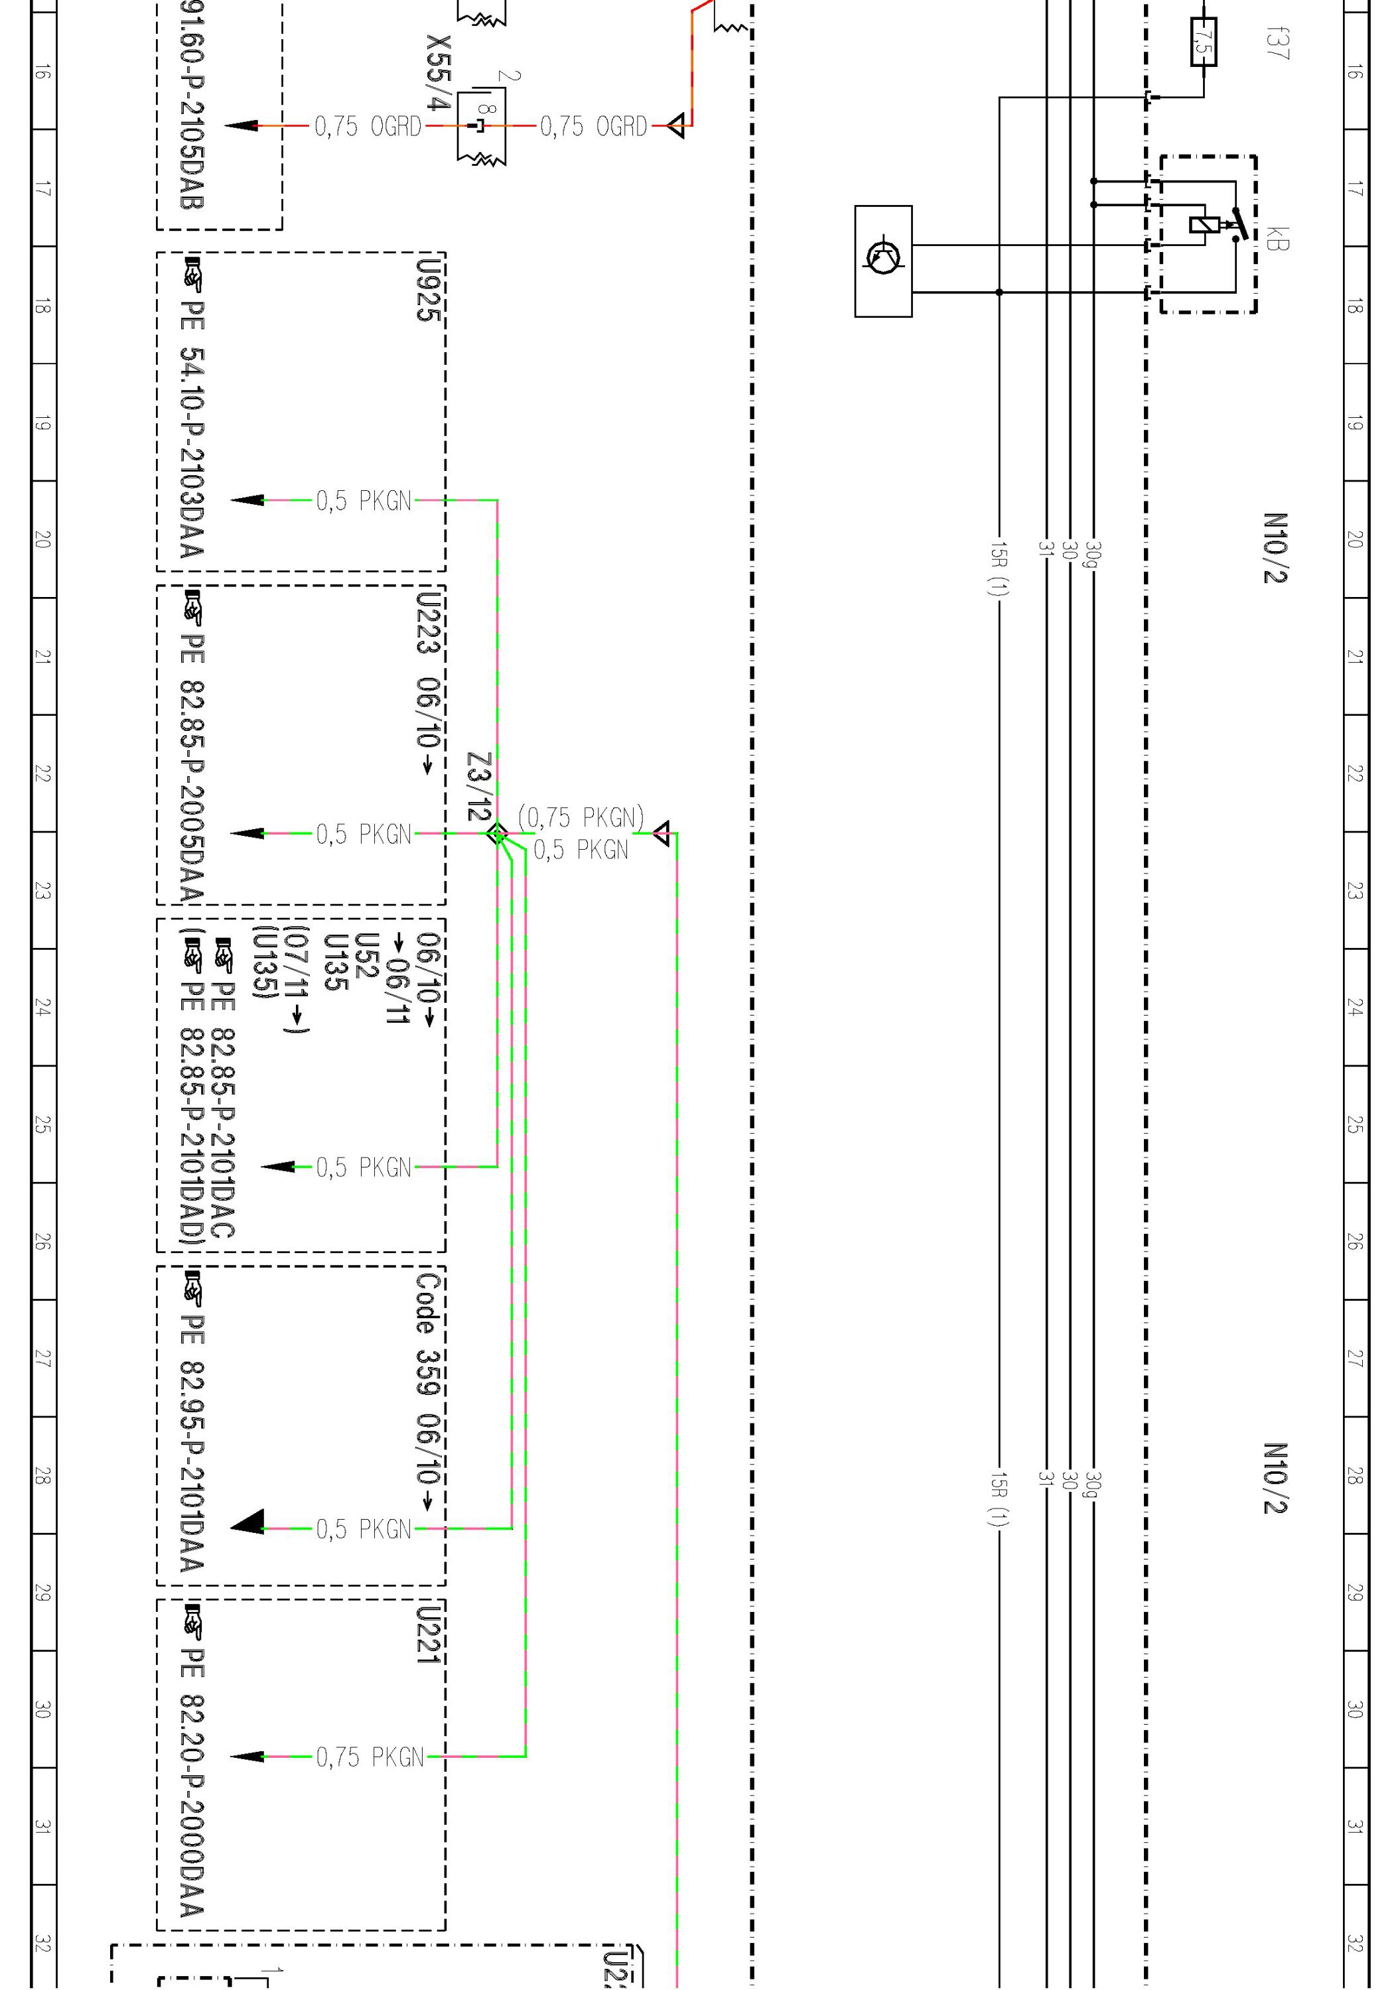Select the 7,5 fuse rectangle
(1204, 42)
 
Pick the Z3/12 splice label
(479, 786)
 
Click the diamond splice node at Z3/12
(496, 834)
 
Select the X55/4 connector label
(439, 73)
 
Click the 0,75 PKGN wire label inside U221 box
(370, 1757)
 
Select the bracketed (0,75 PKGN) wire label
(581, 817)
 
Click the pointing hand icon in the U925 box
(192, 274)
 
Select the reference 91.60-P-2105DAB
(192, 104)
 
